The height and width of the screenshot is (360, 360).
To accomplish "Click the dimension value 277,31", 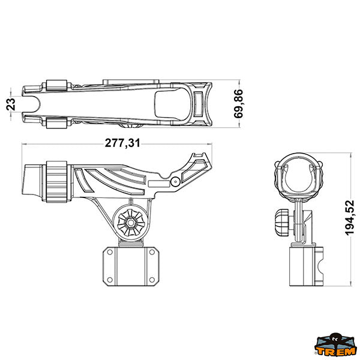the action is [x=122, y=143].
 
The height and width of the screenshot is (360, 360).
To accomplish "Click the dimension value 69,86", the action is [x=238, y=104].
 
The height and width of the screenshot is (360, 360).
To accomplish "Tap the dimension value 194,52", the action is [x=350, y=218].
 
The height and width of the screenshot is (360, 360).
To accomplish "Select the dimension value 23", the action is [x=11, y=104].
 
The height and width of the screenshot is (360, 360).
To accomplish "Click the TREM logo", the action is [x=335, y=345].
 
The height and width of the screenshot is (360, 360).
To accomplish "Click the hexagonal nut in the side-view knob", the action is [x=131, y=222].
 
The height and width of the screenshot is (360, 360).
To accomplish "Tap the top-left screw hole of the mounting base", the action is [x=110, y=252].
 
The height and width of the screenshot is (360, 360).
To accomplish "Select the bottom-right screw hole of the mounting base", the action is [x=152, y=280].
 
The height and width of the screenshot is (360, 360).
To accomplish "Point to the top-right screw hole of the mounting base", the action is [x=152, y=252].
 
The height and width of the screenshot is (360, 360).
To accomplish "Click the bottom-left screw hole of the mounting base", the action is [x=110, y=280].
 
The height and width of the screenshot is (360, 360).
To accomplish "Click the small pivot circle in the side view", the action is [x=175, y=182].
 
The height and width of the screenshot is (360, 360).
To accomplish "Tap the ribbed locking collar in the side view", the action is [x=56, y=182].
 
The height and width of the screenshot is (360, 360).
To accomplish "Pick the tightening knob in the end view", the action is [x=282, y=222].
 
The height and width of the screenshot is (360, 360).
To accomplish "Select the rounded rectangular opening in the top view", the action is [x=172, y=104].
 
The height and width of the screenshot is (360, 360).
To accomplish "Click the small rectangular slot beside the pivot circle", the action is [x=159, y=184].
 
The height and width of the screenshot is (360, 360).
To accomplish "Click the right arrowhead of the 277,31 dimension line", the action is [x=210, y=144].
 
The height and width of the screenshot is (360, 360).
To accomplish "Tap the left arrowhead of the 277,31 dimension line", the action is [x=25, y=144].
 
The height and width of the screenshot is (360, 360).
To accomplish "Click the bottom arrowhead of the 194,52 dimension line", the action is [x=350, y=284].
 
